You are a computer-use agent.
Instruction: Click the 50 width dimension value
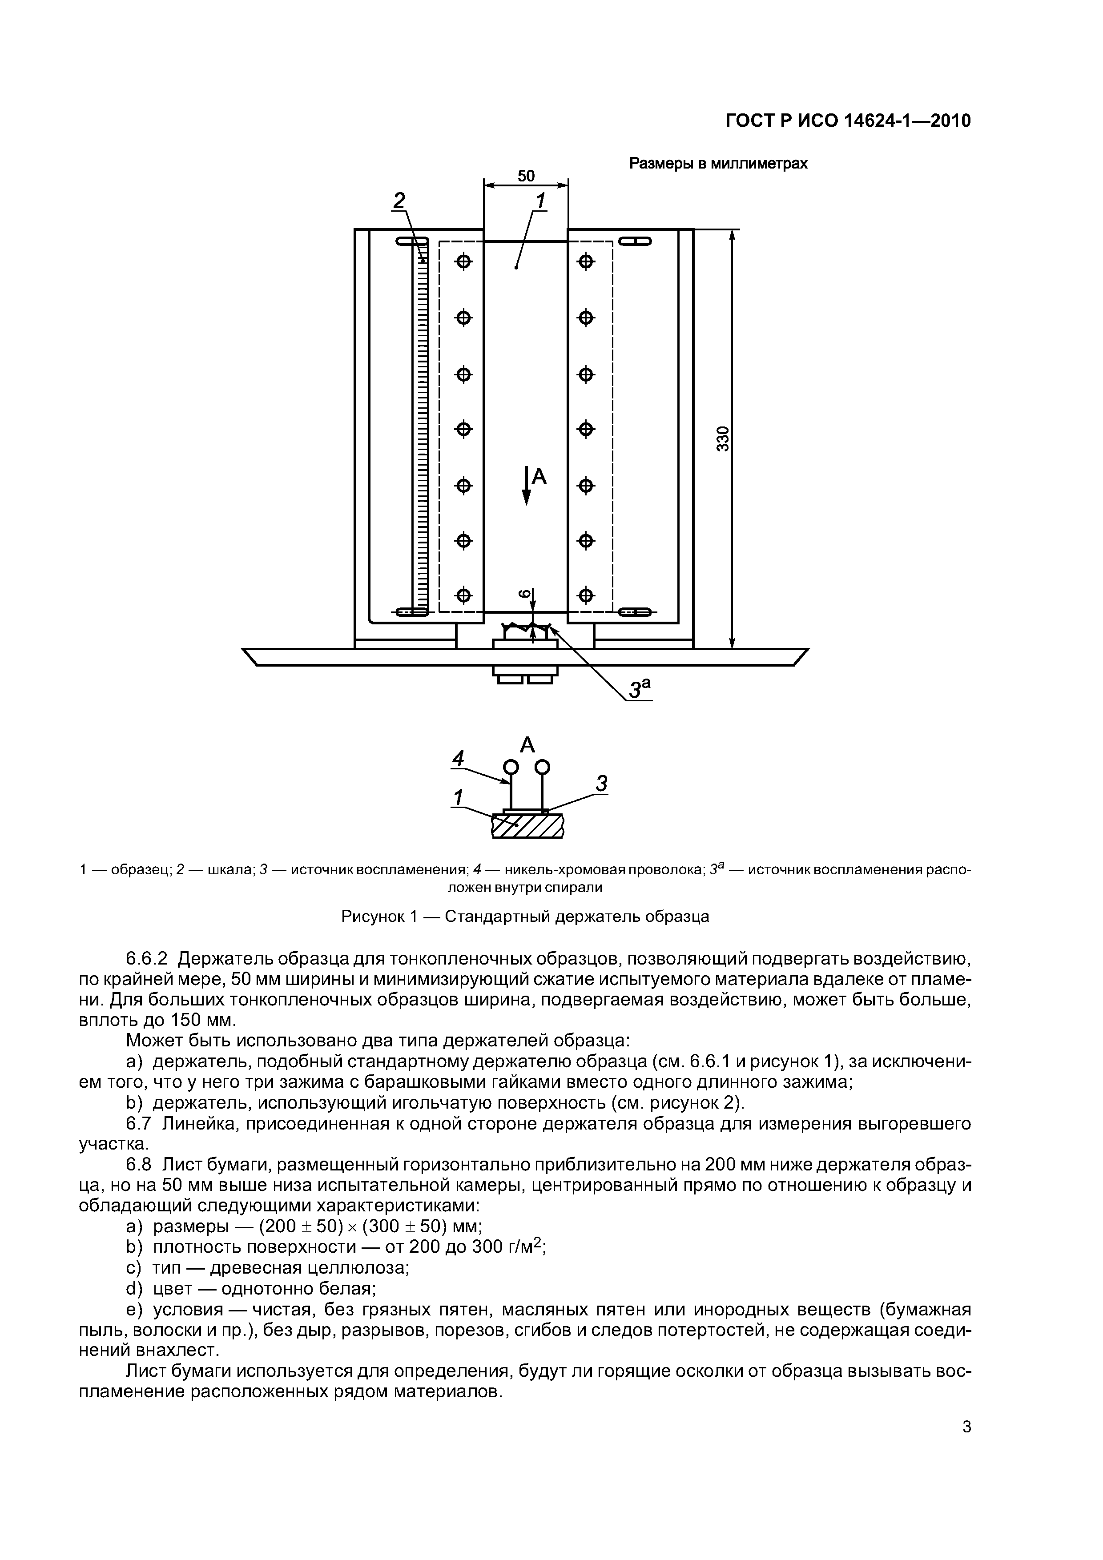(x=526, y=176)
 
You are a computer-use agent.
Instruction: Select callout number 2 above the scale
(x=399, y=201)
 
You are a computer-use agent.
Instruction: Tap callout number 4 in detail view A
(x=459, y=758)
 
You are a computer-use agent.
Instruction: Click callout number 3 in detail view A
(x=601, y=784)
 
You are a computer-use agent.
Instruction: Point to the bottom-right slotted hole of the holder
(x=634, y=613)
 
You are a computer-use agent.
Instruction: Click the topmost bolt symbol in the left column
(x=463, y=261)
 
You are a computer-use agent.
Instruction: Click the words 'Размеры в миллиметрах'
(x=718, y=164)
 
